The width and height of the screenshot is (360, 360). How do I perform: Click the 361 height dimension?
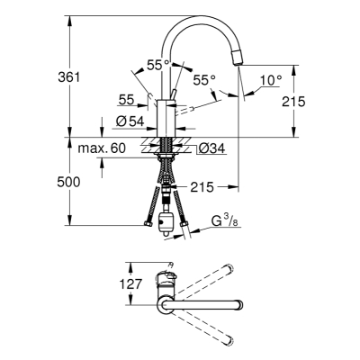[69, 77]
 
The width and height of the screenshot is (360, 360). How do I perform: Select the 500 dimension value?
[68, 182]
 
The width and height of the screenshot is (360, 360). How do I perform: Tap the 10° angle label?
[271, 80]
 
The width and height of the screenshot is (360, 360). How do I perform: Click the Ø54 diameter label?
[130, 121]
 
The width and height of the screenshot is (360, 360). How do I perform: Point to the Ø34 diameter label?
[211, 148]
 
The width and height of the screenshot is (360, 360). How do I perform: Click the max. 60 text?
[102, 148]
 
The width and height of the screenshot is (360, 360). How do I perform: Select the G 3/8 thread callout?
[225, 221]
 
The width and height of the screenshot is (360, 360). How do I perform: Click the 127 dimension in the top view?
[130, 283]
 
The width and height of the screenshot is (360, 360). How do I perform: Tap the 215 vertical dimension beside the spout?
[293, 102]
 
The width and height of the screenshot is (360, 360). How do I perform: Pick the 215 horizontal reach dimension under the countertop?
[202, 187]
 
